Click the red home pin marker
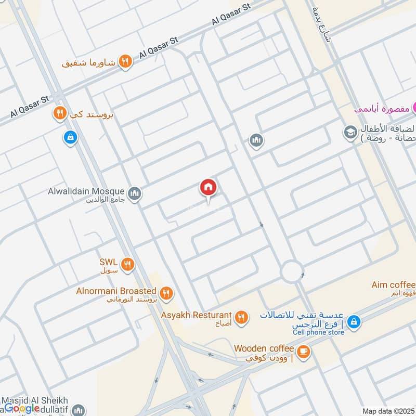208,188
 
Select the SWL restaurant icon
128,265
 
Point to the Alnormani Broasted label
115,291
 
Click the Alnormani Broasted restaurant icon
166,294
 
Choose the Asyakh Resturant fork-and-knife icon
241,317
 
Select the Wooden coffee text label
264,348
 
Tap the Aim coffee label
394,285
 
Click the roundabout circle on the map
292,271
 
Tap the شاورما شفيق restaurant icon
125,62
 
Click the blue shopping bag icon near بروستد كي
70,138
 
